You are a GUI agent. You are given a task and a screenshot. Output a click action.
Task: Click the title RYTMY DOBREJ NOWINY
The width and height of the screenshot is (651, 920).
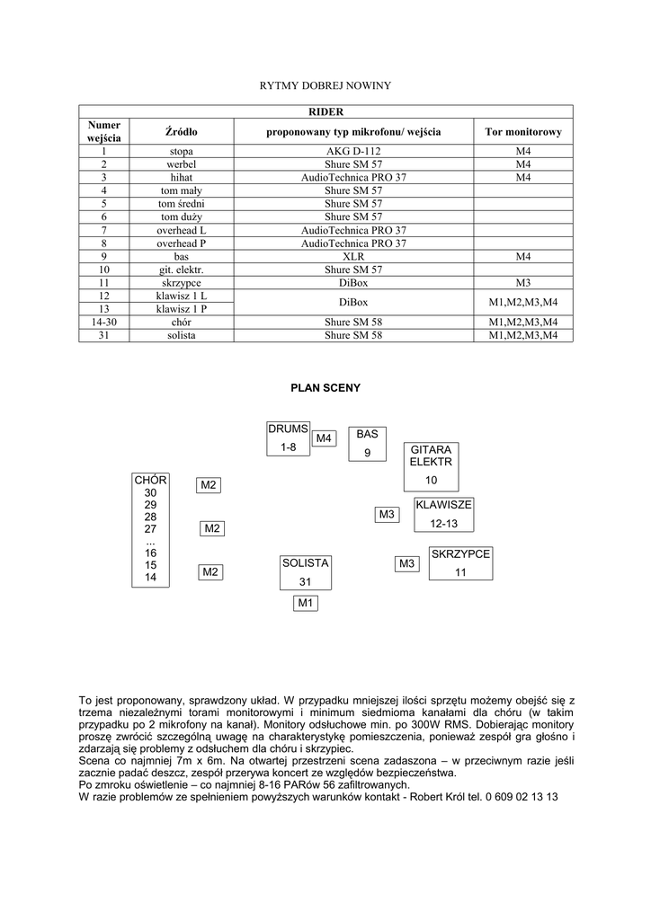(x=325, y=85)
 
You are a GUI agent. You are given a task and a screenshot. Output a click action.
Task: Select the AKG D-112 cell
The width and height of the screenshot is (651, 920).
(x=353, y=152)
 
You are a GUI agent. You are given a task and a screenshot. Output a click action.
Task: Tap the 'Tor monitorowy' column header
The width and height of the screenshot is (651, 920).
(x=522, y=131)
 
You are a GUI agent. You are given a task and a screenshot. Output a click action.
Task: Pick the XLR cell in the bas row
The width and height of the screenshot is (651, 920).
(x=353, y=256)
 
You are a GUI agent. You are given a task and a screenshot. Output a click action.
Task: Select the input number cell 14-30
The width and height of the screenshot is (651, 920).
(x=104, y=322)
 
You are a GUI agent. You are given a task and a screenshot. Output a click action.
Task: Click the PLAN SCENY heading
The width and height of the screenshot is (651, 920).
(x=325, y=388)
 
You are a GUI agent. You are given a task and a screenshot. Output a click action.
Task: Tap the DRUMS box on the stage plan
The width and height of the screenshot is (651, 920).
(x=288, y=438)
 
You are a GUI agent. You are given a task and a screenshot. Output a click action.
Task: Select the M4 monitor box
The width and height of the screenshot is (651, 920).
(x=324, y=438)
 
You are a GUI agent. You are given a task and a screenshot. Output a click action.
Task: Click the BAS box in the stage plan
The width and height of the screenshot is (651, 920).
(x=367, y=443)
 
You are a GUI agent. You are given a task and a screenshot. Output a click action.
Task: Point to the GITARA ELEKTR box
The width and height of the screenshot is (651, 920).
(x=431, y=465)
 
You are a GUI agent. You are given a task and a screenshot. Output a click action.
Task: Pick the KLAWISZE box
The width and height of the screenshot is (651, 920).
(x=443, y=514)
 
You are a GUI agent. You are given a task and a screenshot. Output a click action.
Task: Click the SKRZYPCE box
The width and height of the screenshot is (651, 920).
(x=460, y=563)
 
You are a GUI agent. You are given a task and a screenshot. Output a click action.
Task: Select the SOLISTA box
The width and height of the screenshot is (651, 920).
(x=306, y=572)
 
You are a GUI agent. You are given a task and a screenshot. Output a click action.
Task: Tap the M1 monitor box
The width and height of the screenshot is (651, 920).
(x=306, y=603)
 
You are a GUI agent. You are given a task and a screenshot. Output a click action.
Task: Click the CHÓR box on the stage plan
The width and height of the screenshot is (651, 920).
(x=150, y=529)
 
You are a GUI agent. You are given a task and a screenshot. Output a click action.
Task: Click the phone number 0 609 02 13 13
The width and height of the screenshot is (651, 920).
(x=517, y=796)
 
